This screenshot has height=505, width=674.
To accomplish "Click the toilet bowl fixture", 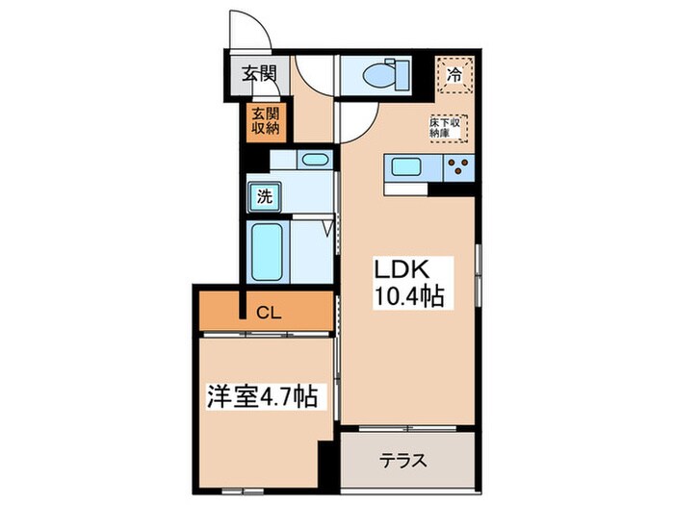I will (x=376, y=73).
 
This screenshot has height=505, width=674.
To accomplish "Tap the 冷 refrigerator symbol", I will (x=455, y=73).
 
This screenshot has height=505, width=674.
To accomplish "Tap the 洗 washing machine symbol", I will (x=262, y=198).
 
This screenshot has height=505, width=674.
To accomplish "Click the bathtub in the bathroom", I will (x=267, y=252).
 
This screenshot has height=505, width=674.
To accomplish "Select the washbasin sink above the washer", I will (x=313, y=161).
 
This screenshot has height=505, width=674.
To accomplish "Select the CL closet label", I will (x=267, y=310).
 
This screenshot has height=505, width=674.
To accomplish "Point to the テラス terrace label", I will (x=407, y=460).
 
